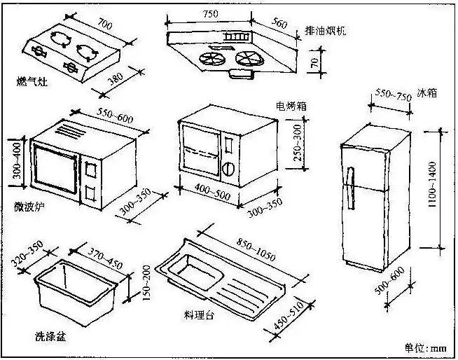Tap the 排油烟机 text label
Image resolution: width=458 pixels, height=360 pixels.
coord(325,32)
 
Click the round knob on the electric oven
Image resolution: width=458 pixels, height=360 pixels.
coord(228,168)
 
